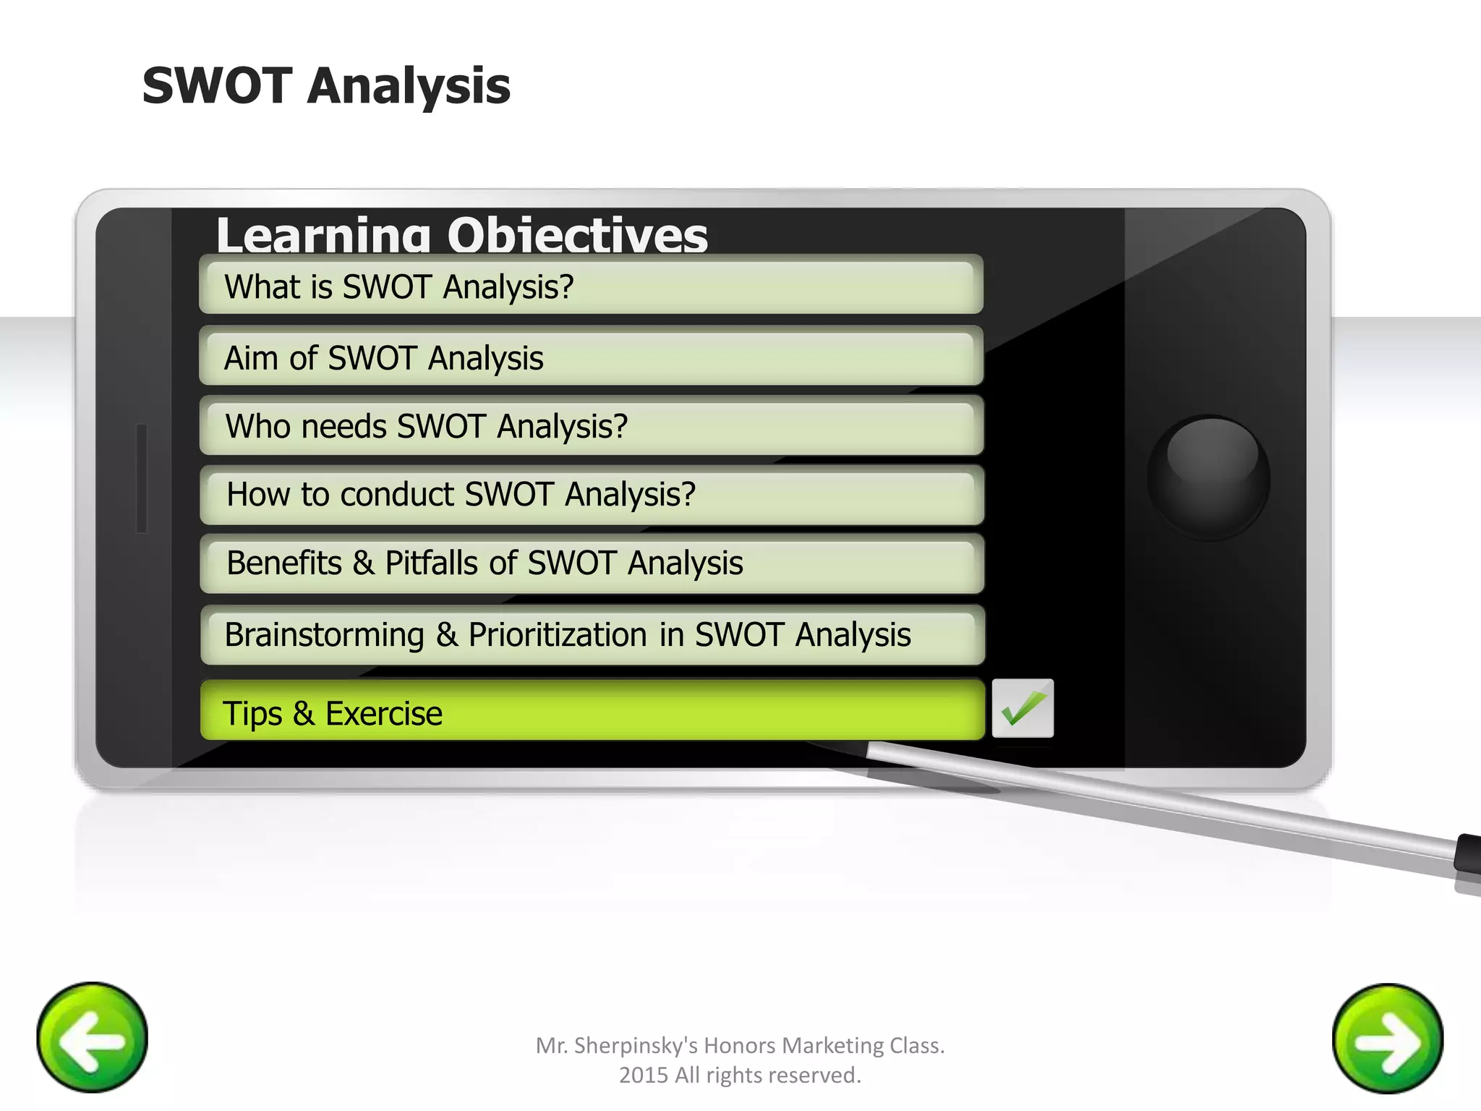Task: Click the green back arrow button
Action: [x=92, y=1037]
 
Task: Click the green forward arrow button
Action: [x=1387, y=1039]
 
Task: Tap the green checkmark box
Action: [x=1022, y=708]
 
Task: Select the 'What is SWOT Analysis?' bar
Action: [x=590, y=286]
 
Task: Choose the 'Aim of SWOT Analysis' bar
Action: [x=590, y=357]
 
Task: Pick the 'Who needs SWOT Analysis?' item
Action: [x=590, y=426]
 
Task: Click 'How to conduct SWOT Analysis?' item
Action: [x=590, y=495]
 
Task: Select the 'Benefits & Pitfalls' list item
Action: [x=590, y=563]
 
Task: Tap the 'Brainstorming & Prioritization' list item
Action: [x=590, y=634]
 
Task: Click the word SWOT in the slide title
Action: [x=216, y=86]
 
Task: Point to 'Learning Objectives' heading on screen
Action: [x=461, y=234]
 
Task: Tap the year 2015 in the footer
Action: [x=643, y=1076]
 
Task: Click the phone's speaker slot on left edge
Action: [x=142, y=478]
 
